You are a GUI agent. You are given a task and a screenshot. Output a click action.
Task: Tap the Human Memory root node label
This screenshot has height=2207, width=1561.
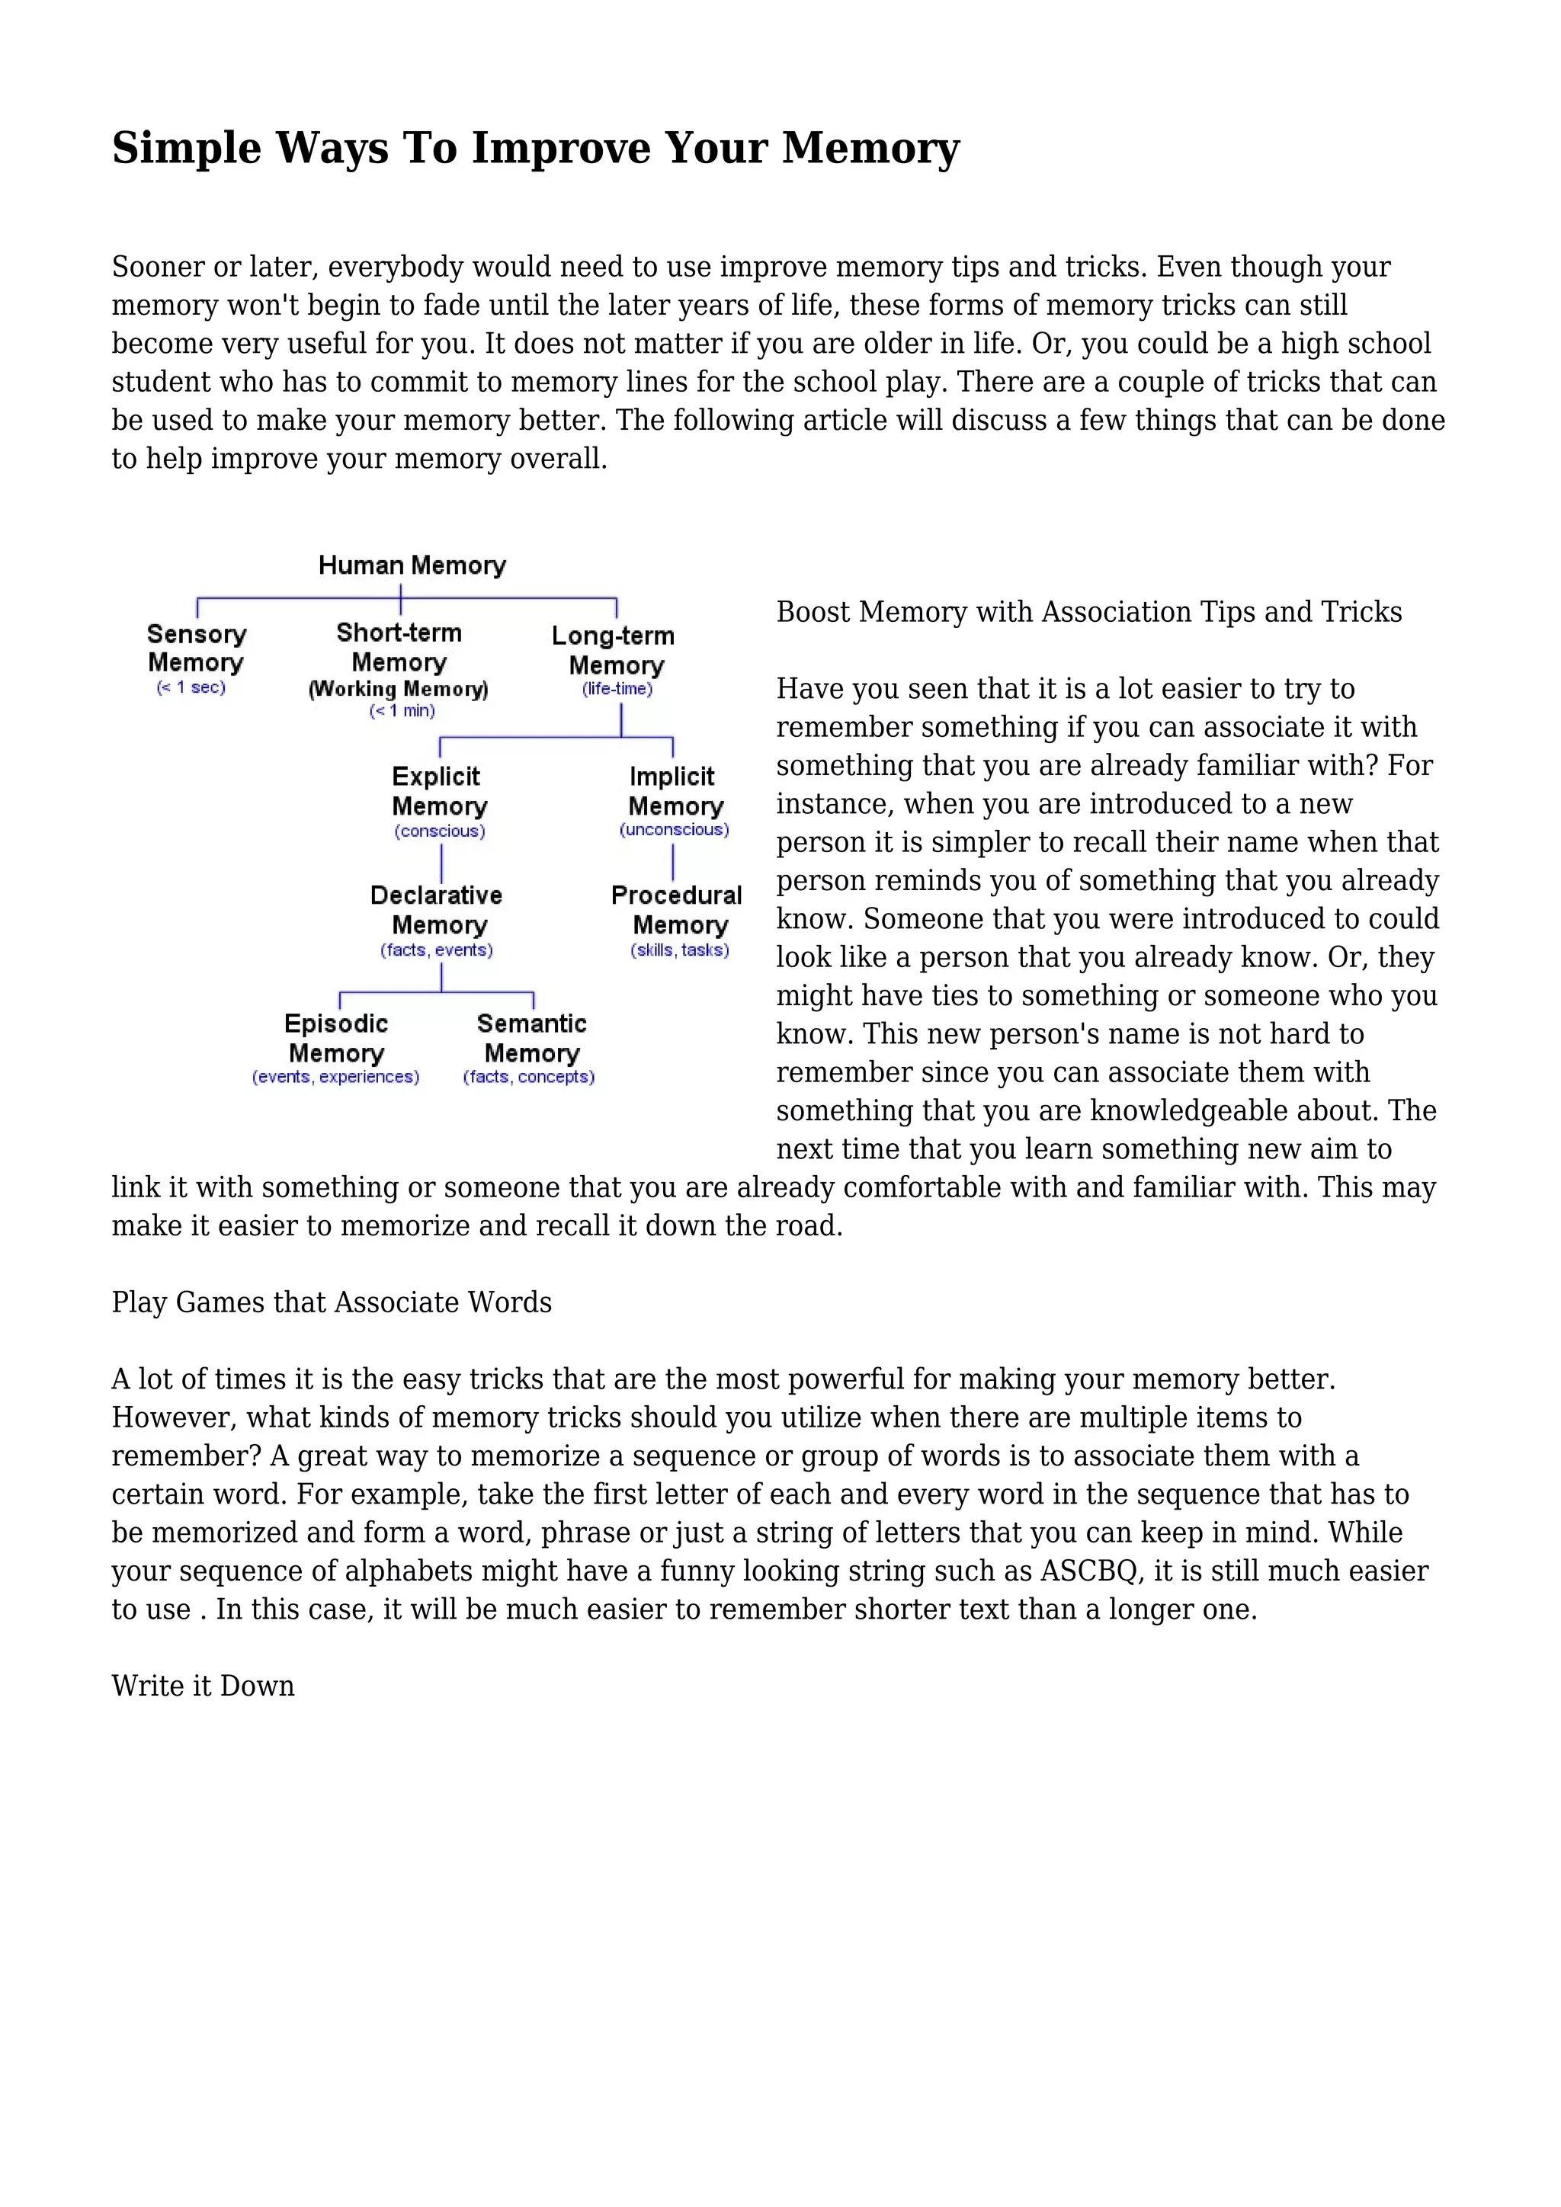tap(412, 565)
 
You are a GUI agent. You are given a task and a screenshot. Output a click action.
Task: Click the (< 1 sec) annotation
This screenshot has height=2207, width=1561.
tap(191, 687)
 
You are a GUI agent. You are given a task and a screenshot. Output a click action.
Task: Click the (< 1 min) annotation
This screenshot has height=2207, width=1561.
tap(402, 710)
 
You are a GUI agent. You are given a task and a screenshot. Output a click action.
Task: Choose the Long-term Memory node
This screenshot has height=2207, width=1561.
tap(615, 650)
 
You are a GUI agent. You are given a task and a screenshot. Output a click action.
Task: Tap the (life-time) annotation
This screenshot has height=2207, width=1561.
tap(617, 688)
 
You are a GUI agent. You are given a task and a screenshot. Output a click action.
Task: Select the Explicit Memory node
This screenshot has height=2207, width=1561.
tap(438, 790)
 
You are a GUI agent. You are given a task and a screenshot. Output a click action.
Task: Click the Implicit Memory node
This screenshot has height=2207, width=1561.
tap(674, 790)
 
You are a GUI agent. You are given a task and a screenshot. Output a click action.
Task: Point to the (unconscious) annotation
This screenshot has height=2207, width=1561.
tap(674, 830)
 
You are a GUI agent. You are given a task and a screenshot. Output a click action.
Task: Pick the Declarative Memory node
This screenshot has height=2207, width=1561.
tap(438, 909)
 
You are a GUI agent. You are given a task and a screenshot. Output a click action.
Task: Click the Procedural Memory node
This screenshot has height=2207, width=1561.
tap(678, 909)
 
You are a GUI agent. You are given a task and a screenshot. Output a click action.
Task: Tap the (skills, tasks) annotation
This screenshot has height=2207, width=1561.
tap(680, 950)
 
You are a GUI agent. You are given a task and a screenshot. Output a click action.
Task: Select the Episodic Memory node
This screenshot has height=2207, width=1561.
tap(336, 1037)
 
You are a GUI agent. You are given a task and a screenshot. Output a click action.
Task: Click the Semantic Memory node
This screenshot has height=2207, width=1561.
tap(531, 1037)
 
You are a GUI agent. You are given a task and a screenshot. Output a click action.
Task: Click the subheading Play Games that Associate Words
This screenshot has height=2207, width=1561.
tap(332, 1302)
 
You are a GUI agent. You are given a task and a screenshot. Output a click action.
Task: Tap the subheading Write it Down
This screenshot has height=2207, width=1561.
tap(203, 1686)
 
